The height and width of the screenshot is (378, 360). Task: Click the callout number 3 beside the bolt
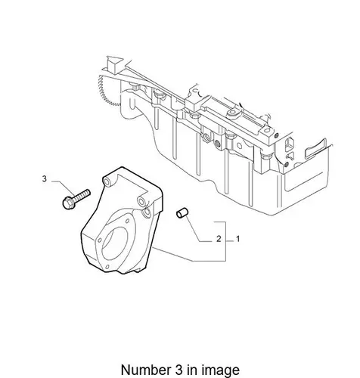45,179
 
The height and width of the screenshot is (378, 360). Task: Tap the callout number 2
219,239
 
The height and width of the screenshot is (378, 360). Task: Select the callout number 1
237,239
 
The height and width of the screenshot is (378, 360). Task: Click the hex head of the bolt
67,203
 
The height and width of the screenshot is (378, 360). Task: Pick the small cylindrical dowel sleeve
182,213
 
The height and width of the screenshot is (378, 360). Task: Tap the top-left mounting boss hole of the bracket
107,182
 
